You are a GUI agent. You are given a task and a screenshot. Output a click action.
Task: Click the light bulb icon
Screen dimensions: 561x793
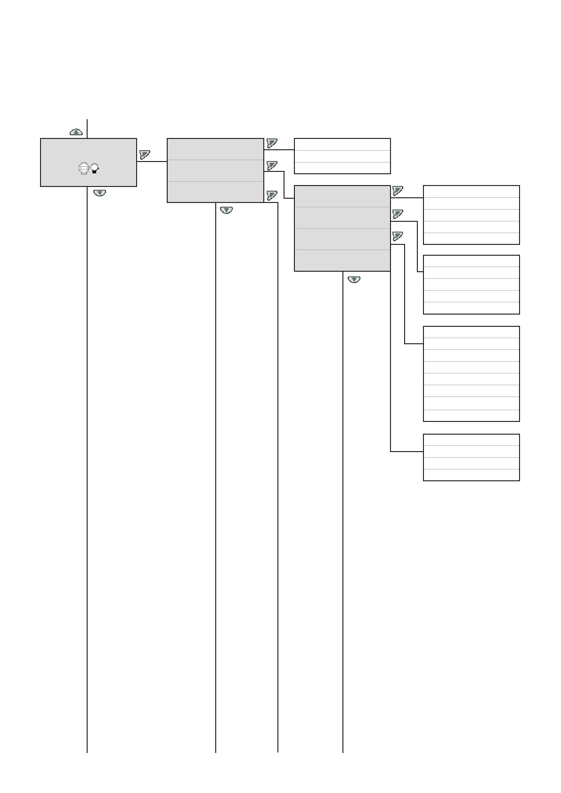(x=95, y=168)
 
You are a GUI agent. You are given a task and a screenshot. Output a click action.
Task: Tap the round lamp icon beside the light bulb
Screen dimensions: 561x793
(x=83, y=168)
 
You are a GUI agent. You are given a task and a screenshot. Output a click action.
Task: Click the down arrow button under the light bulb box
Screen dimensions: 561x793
(x=99, y=193)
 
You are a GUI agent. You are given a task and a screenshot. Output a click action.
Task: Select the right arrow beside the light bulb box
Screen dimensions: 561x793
(x=145, y=154)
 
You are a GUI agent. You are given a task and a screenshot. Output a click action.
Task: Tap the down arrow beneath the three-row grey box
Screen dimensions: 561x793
(x=227, y=210)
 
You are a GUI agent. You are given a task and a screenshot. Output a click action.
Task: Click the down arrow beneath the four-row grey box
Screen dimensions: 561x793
(x=354, y=280)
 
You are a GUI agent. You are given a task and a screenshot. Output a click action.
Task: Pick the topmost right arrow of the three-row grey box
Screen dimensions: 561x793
(x=272, y=143)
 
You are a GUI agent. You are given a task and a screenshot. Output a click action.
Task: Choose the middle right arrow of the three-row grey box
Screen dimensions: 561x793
(x=272, y=165)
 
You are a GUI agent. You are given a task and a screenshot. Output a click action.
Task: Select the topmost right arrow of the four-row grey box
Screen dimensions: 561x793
(x=398, y=191)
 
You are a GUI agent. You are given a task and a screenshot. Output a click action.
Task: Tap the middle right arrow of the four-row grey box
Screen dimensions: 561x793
(x=398, y=214)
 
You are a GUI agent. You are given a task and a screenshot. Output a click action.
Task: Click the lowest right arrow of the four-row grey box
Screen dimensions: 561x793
(x=398, y=236)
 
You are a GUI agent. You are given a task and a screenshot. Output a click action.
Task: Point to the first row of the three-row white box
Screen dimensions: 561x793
(x=342, y=145)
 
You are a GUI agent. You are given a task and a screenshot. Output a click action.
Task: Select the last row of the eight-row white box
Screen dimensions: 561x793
(x=472, y=415)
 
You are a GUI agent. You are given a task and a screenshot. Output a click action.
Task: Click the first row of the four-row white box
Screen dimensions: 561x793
(x=472, y=440)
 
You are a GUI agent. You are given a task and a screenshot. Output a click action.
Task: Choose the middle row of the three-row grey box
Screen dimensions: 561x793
(x=215, y=170)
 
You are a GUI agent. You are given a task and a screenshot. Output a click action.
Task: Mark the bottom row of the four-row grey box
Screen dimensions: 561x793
(x=342, y=260)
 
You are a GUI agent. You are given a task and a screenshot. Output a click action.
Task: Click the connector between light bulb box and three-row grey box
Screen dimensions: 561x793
(x=152, y=162)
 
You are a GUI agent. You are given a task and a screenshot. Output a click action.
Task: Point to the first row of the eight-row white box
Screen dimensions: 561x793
(x=472, y=332)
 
